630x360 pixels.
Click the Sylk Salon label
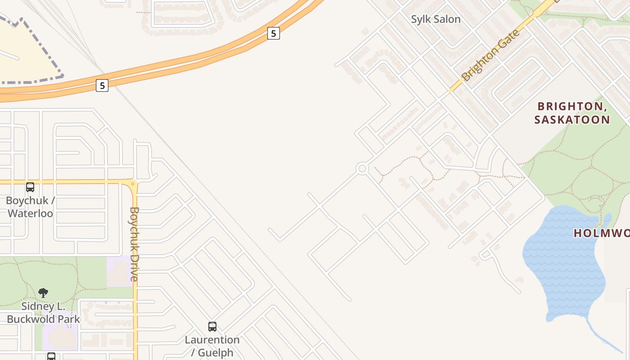pyautogui.click(x=436, y=19)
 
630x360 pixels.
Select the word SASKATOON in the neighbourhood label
pyautogui.click(x=572, y=120)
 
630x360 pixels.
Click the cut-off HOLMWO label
pyautogui.click(x=601, y=233)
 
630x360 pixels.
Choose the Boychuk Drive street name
pyautogui.click(x=135, y=244)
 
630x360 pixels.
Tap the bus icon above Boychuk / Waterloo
pyautogui.click(x=30, y=187)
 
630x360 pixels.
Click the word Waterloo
pyautogui.click(x=30, y=213)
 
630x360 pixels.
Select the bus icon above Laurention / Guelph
pyautogui.click(x=212, y=326)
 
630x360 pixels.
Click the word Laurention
pyautogui.click(x=212, y=340)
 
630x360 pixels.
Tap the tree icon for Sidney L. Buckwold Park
pyautogui.click(x=43, y=293)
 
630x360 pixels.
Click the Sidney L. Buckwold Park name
pyautogui.click(x=43, y=313)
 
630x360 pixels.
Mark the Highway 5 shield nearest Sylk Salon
pyautogui.click(x=274, y=33)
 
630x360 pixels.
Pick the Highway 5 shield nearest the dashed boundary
pyautogui.click(x=102, y=85)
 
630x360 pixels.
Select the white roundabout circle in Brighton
pyautogui.click(x=362, y=169)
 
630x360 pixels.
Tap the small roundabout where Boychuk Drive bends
pyautogui.click(x=133, y=183)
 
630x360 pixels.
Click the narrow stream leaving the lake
pyautogui.click(x=605, y=337)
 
